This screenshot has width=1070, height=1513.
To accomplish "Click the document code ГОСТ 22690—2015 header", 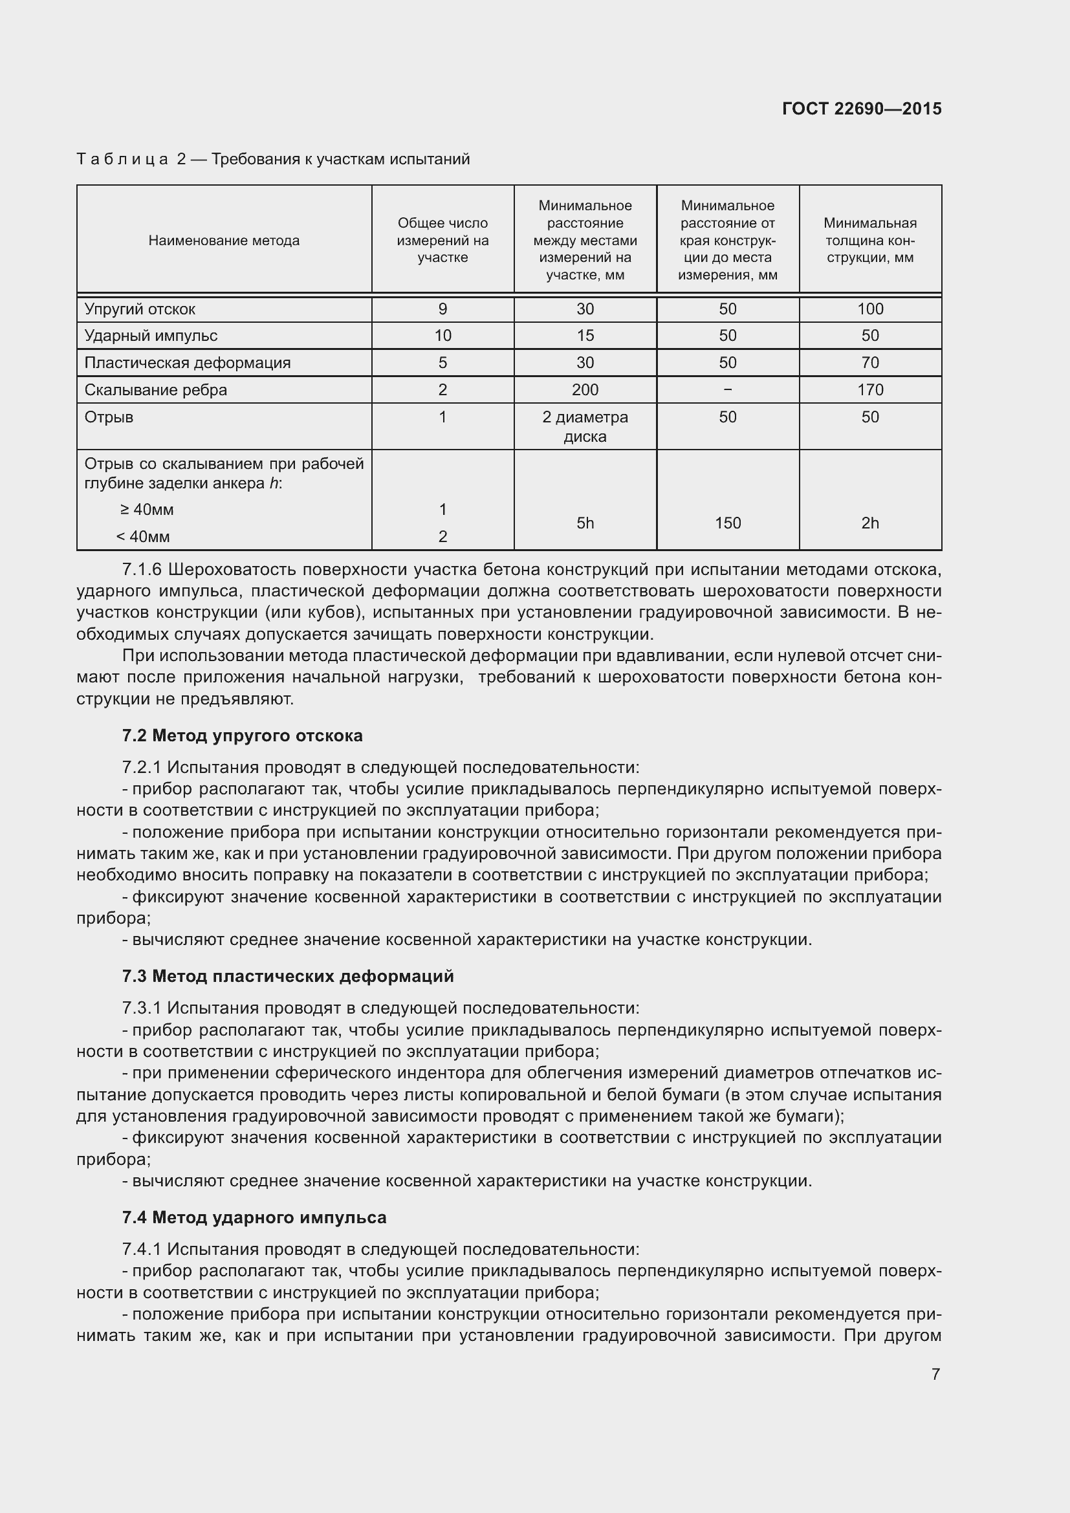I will (x=861, y=109).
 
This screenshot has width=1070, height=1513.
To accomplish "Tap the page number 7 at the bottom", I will (x=935, y=1374).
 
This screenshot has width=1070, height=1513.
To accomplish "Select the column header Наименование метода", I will (x=224, y=241).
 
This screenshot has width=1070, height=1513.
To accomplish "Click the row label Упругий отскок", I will (x=140, y=309).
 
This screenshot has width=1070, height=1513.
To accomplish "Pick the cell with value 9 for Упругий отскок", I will (x=442, y=309).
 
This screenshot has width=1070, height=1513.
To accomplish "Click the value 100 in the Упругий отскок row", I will (x=869, y=309).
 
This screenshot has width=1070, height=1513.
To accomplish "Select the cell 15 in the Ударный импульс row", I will (x=585, y=336).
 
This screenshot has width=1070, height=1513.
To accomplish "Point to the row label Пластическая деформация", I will (x=187, y=362).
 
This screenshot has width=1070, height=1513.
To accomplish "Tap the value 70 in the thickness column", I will (x=869, y=362).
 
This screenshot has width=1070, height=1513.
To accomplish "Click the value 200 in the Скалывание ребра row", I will (x=585, y=389).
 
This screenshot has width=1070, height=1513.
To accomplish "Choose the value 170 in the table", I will (x=869, y=389).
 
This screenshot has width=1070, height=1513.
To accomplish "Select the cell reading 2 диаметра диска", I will (x=585, y=426).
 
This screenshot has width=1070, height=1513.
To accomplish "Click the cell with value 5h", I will (x=585, y=523).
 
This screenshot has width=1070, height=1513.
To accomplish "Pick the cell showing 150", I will (x=727, y=523).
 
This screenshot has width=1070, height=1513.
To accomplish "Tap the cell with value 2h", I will (x=869, y=523).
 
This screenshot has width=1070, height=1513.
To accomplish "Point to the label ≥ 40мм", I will (x=147, y=509).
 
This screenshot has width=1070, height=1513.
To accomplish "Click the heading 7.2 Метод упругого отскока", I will (x=242, y=735).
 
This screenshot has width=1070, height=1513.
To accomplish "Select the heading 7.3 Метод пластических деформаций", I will (x=288, y=976).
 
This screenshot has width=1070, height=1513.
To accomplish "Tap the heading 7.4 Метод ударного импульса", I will (x=254, y=1217).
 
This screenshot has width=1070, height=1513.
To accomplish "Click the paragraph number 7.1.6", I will (x=142, y=569).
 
